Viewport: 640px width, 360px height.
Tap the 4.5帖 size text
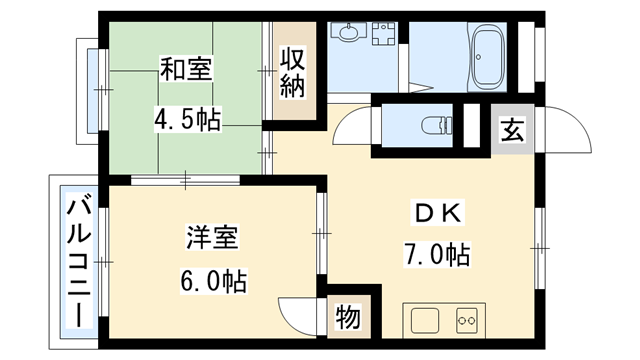187,119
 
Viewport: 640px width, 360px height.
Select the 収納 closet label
291,72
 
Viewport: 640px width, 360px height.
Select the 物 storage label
348,318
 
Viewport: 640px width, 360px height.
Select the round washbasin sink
349,33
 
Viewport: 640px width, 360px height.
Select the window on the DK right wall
541,241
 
